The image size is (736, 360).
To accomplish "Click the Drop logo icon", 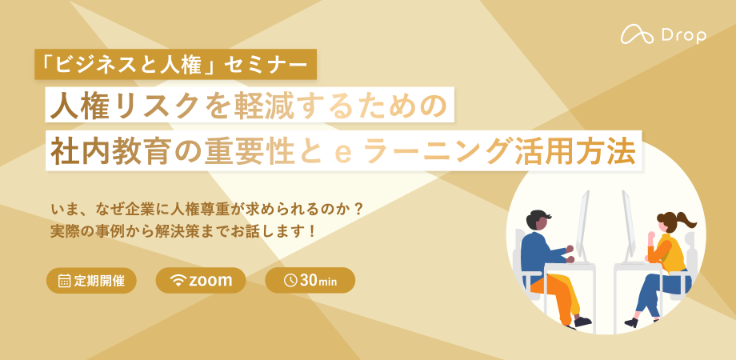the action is pos(637,34).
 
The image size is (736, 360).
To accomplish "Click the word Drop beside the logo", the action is pos(684,35).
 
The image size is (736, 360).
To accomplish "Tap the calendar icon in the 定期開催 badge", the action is pos(65,281).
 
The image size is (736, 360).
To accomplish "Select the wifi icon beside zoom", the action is pos(178,281).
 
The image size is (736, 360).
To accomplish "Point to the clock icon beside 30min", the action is pos(290,280).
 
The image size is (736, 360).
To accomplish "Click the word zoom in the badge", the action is pos(210,281).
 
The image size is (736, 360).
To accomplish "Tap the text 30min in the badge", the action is pos(318,280).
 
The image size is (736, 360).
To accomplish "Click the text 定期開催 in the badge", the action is pos(99,281).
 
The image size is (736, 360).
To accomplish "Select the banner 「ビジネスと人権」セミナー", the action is pos(175,64).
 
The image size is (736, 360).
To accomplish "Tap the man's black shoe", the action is pos(582,322).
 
